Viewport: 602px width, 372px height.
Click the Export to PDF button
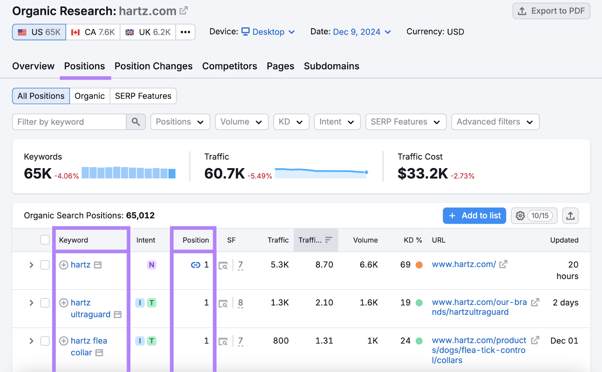click(x=551, y=11)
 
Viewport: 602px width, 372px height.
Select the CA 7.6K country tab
click(x=93, y=32)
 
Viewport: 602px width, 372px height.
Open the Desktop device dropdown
click(x=268, y=32)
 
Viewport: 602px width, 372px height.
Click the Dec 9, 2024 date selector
click(x=362, y=32)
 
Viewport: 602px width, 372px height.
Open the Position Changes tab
click(x=154, y=66)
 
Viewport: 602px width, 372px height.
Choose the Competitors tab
click(x=230, y=66)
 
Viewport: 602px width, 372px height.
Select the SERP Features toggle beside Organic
click(x=143, y=96)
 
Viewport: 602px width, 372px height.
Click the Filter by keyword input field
click(x=70, y=122)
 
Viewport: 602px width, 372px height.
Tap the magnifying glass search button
click(x=136, y=122)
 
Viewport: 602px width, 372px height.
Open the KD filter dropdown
click(x=291, y=122)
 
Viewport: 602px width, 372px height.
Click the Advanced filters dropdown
click(x=495, y=122)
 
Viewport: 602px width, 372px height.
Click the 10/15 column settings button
click(x=534, y=216)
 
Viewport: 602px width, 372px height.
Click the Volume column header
click(x=365, y=240)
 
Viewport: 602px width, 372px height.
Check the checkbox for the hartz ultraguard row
click(x=45, y=303)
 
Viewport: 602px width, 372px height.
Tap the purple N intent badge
click(x=151, y=265)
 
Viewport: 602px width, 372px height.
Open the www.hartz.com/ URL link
click(x=464, y=265)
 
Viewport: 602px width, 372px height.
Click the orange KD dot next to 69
click(x=419, y=265)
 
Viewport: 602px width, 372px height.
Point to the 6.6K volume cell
click(x=368, y=265)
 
